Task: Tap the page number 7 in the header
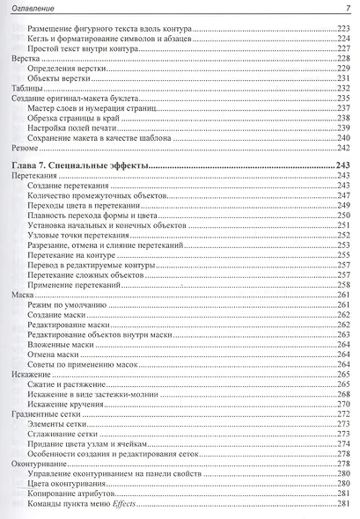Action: (348, 10)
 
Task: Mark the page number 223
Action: (342, 28)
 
